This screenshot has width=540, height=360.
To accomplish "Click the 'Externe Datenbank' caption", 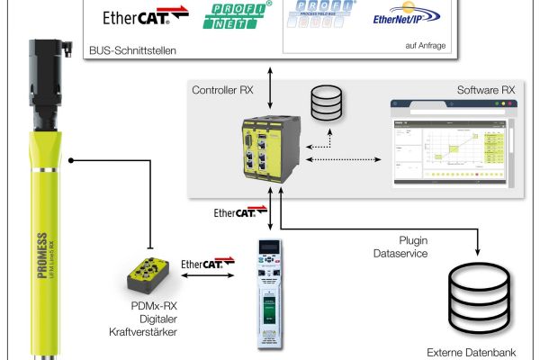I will (472, 352).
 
